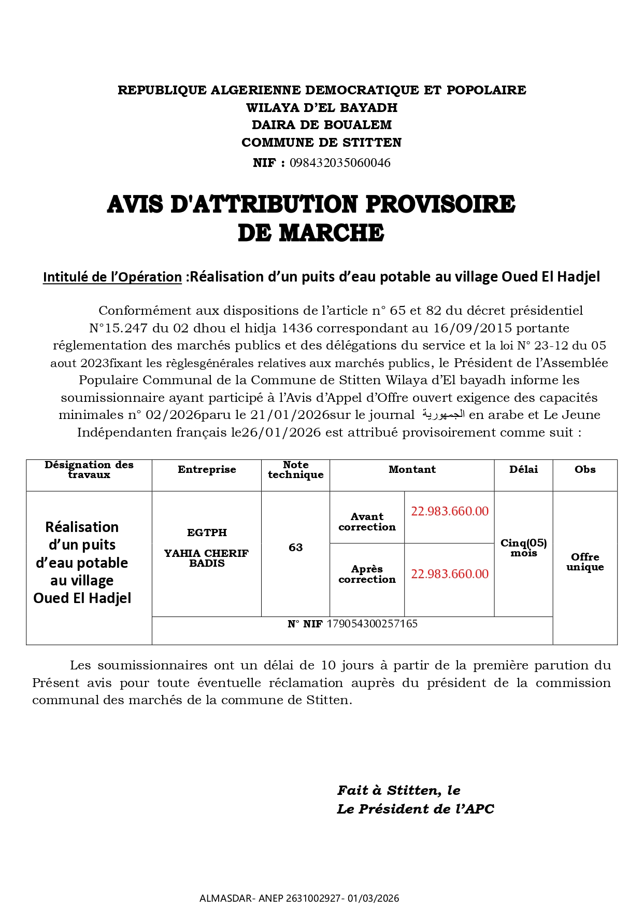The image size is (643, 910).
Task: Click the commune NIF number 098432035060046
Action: point(340,163)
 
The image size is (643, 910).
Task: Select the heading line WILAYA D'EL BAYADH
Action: point(321,108)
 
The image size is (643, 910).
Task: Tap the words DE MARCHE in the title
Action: point(311,233)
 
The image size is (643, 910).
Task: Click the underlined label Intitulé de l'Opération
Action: point(112,277)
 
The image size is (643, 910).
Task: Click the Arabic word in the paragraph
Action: point(443,415)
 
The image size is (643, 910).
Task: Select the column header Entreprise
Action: point(207,470)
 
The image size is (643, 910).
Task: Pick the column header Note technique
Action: point(295,470)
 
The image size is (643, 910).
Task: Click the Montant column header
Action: point(412,470)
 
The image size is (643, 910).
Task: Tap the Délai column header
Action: point(523,470)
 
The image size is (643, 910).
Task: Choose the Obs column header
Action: point(585,470)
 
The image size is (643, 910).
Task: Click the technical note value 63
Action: point(295,548)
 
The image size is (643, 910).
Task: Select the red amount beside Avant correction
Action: point(450,511)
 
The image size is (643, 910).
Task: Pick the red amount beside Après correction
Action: point(450,574)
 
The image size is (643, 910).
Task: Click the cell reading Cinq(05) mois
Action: point(523,548)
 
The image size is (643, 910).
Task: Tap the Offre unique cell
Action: point(585,562)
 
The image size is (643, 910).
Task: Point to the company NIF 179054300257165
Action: point(371,624)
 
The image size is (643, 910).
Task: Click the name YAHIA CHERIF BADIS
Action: point(207,558)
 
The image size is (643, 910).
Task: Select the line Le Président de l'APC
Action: point(415,809)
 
